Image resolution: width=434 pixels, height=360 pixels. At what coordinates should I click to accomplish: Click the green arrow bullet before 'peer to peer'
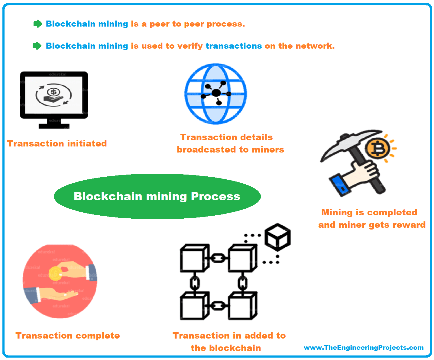point(38,24)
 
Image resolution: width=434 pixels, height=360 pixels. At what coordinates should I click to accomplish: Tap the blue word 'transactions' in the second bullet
point(234,46)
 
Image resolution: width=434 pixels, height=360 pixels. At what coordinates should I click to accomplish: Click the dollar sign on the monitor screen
point(53,92)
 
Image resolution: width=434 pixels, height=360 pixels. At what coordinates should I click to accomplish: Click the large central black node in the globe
point(216,93)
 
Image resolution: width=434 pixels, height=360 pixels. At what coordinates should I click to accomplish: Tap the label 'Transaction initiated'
point(57,143)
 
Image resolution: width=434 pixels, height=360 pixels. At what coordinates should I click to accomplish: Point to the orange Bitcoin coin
point(377,148)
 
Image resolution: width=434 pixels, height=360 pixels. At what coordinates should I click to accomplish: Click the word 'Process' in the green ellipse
point(215,196)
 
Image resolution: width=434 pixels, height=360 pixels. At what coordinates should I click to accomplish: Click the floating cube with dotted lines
point(277,237)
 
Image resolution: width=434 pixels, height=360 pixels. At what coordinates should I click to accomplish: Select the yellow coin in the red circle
point(55,274)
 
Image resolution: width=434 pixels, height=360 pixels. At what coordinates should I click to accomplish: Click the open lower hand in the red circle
point(53,294)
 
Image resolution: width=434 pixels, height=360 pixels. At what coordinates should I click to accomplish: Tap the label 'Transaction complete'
point(68,336)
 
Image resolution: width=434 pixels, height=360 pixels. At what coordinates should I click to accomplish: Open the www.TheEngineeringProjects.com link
point(364,348)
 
